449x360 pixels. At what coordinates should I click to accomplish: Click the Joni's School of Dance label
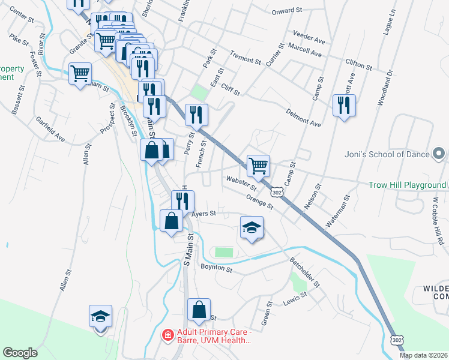(x=387, y=154)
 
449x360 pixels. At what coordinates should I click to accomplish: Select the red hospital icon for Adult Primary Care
(x=169, y=334)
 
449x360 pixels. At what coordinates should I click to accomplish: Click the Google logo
(x=20, y=353)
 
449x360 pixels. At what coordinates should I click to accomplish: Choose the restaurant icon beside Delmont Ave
(x=343, y=106)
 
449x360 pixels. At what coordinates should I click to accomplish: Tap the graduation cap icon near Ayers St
(x=252, y=227)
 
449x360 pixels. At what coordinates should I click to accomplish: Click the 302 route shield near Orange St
(x=276, y=192)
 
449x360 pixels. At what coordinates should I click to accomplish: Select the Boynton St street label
(x=216, y=268)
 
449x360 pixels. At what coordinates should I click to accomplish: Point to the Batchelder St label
(x=306, y=272)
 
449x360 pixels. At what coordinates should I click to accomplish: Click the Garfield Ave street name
(x=50, y=128)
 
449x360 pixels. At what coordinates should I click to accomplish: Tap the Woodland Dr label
(x=385, y=88)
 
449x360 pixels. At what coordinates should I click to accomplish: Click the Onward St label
(x=286, y=11)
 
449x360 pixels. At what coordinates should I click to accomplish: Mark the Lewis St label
(x=295, y=295)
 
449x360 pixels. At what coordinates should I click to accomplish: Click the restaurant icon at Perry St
(x=197, y=114)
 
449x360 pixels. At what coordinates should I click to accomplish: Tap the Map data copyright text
(x=424, y=355)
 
